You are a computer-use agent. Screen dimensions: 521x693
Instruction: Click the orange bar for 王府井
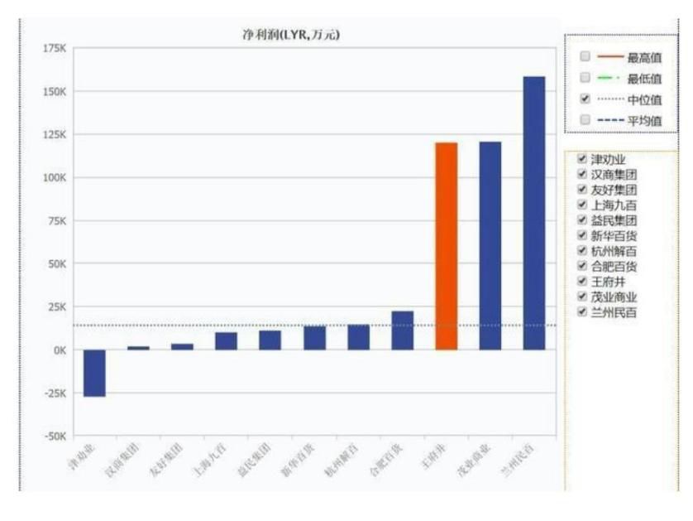pyautogui.click(x=446, y=246)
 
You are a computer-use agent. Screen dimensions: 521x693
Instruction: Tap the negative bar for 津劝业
pyautogui.click(x=94, y=373)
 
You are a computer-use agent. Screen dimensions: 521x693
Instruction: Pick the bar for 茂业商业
pyautogui.click(x=490, y=245)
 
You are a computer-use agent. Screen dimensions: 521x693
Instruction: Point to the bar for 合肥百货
pyautogui.click(x=402, y=330)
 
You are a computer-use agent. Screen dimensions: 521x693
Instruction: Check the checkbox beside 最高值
pyautogui.click(x=585, y=57)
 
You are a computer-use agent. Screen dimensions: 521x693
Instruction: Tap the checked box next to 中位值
pyautogui.click(x=585, y=99)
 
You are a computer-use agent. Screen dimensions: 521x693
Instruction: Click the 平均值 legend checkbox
pyautogui.click(x=585, y=120)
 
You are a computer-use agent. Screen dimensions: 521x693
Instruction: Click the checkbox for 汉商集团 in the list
pyautogui.click(x=581, y=175)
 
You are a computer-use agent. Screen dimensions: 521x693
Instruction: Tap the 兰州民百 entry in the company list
pyautogui.click(x=614, y=313)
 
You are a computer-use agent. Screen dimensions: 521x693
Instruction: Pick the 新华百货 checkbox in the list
pyautogui.click(x=581, y=236)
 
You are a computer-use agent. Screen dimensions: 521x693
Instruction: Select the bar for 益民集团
pyautogui.click(x=270, y=340)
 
